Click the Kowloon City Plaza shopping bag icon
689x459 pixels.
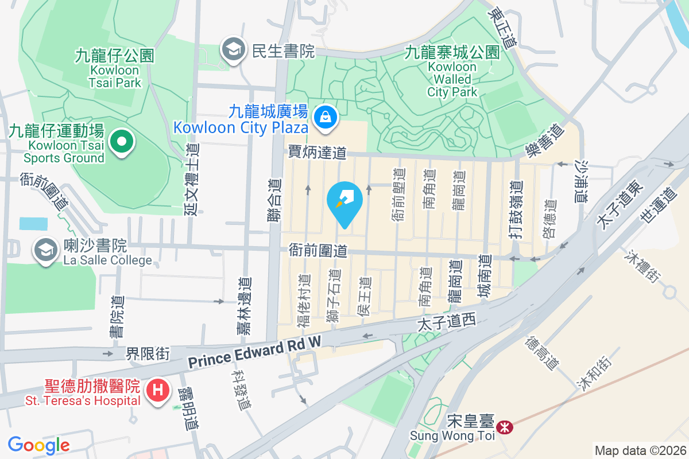326,117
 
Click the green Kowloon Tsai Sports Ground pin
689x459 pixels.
121,141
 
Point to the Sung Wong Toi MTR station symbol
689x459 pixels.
505,427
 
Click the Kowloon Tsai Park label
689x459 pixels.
115,69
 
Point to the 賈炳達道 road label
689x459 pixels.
318,153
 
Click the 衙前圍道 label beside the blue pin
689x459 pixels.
318,251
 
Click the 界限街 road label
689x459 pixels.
148,353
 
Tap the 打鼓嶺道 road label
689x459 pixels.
516,209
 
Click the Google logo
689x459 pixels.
39,445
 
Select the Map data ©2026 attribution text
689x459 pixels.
640,451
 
